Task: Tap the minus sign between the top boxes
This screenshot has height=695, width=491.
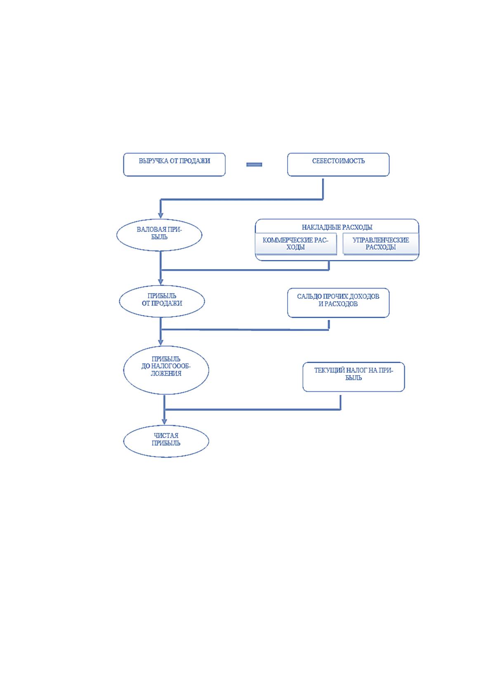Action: (x=254, y=164)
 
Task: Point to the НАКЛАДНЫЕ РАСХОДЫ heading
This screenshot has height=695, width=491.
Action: (x=337, y=227)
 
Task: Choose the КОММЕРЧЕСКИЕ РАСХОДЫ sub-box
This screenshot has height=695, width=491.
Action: (x=295, y=243)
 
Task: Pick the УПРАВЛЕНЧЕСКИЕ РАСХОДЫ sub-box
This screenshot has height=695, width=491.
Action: (x=380, y=243)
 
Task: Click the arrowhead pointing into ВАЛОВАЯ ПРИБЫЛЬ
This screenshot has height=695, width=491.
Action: (x=161, y=215)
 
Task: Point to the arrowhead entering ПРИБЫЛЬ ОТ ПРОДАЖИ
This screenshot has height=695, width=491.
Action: (x=161, y=281)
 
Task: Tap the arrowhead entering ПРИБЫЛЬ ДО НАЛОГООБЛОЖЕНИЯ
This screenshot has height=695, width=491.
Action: (x=161, y=342)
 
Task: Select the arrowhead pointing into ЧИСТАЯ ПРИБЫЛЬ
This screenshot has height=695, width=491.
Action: (x=164, y=421)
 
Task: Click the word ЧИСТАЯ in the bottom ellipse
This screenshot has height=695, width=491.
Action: (x=166, y=436)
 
